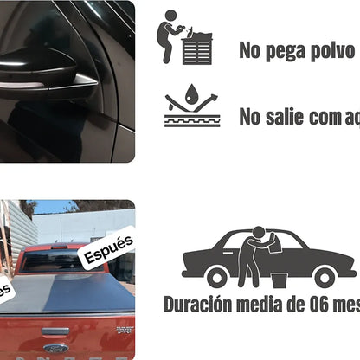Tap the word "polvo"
[325, 51]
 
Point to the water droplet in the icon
[190, 94]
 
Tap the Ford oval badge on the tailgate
[56, 348]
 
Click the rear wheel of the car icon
[217, 277]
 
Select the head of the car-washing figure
[258, 232]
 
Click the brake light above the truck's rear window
[59, 247]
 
